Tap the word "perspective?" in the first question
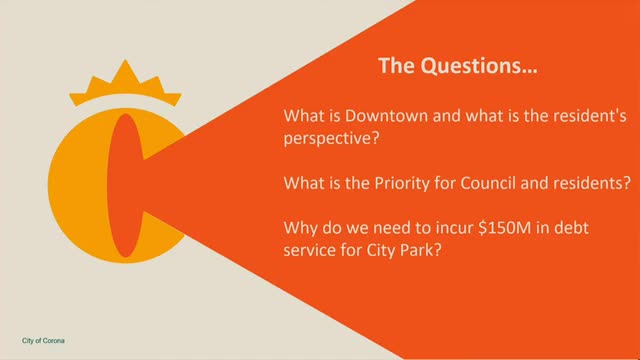click(x=331, y=138)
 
